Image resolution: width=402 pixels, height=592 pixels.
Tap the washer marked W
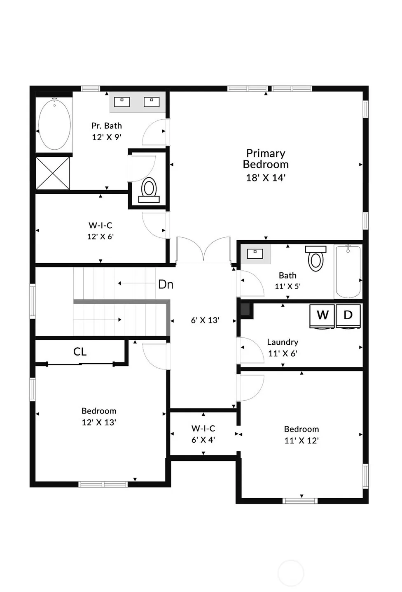[322, 316]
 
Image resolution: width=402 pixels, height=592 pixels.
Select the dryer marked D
[348, 316]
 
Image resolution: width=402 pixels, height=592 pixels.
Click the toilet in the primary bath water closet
[149, 190]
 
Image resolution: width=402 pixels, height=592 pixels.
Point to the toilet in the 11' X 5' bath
[316, 258]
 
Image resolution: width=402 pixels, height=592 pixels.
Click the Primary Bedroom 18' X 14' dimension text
[266, 178]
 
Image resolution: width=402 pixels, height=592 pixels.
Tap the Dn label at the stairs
[166, 284]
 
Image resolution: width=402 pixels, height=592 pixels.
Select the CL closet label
[79, 351]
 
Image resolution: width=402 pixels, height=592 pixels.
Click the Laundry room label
[283, 342]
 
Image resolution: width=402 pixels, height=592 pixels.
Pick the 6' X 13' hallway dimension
[205, 320]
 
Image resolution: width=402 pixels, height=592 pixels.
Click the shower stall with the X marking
[53, 173]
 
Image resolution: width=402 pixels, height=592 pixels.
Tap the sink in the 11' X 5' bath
[255, 254]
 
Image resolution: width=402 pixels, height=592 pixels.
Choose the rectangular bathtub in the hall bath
[348, 272]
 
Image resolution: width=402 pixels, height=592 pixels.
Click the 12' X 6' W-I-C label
[100, 231]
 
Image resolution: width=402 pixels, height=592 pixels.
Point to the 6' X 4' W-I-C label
[203, 434]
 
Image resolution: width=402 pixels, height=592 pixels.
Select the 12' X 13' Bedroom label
[99, 416]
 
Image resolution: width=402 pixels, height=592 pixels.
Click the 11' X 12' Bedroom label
[301, 435]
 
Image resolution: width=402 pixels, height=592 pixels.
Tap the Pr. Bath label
[107, 126]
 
